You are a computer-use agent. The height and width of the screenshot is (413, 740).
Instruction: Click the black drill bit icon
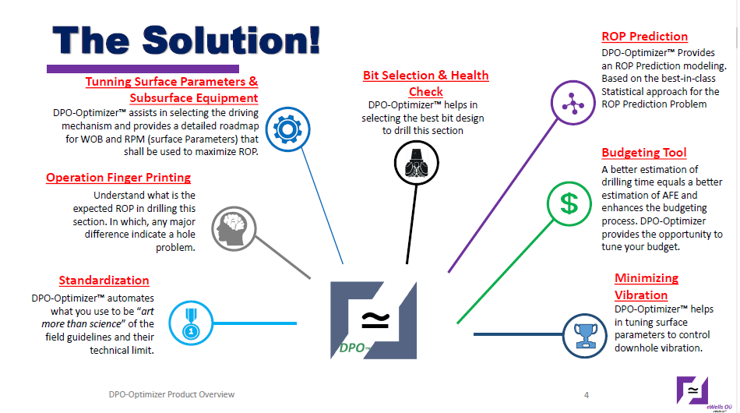coord(414,163)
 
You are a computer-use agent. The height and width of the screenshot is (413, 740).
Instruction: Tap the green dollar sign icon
coord(569,204)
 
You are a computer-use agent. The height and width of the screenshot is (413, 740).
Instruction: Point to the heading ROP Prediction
coord(644,37)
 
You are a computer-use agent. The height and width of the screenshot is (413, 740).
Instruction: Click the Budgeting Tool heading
coord(643,153)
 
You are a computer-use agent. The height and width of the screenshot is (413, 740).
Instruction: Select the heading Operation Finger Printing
coord(118,178)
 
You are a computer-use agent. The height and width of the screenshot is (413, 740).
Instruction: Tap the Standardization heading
coord(104,281)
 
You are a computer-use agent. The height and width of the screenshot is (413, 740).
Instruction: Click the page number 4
coord(586,394)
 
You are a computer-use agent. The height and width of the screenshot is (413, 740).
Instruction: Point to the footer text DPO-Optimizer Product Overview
coord(171,394)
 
